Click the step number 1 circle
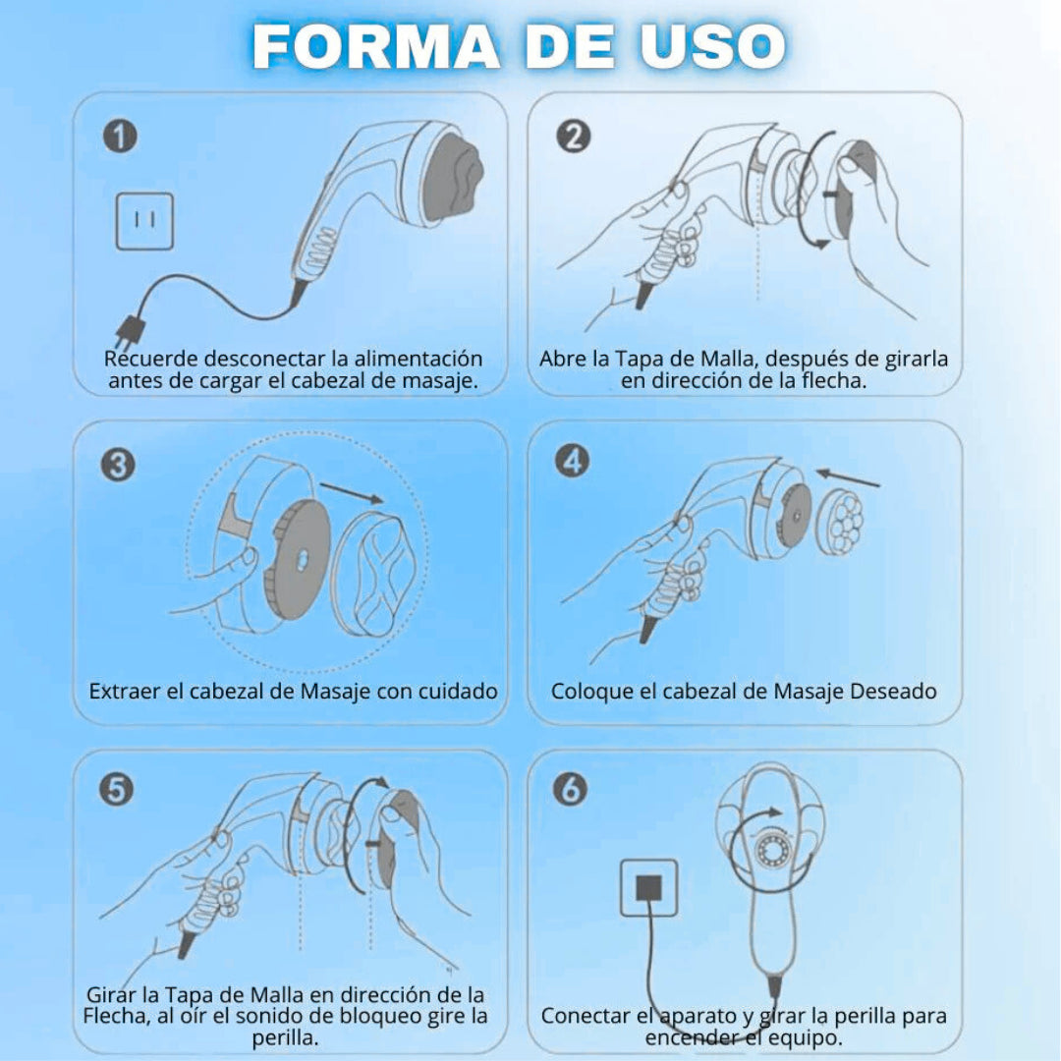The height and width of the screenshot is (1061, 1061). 120,136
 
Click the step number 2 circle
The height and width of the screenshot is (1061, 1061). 573,136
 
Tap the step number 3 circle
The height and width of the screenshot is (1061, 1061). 118,465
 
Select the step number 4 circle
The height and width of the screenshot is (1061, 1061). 573,462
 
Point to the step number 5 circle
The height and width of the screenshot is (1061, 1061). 116,789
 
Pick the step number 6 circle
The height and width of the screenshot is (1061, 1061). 571,789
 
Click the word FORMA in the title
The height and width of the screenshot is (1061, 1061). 376,47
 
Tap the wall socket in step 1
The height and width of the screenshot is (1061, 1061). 144,221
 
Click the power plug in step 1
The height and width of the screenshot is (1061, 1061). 130,332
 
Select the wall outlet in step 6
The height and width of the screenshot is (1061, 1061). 649,888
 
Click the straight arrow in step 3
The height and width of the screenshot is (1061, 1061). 352,493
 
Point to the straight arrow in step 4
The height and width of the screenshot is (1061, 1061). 847,477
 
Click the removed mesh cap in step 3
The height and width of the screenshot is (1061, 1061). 376,575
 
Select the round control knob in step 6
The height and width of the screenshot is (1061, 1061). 770,847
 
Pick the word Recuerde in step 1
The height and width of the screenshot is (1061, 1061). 151,358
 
